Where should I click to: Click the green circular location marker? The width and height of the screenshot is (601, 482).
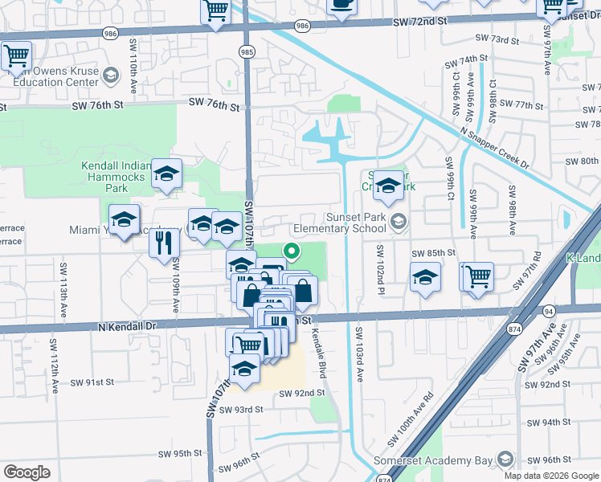point(292,254)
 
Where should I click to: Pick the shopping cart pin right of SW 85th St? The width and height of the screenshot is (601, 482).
point(477,276)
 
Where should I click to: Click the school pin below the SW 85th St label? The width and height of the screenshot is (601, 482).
point(426,278)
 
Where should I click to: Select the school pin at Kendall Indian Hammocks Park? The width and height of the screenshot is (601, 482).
point(166,174)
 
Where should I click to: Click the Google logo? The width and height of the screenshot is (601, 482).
point(27,472)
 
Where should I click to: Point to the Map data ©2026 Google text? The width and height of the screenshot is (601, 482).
point(551,476)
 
